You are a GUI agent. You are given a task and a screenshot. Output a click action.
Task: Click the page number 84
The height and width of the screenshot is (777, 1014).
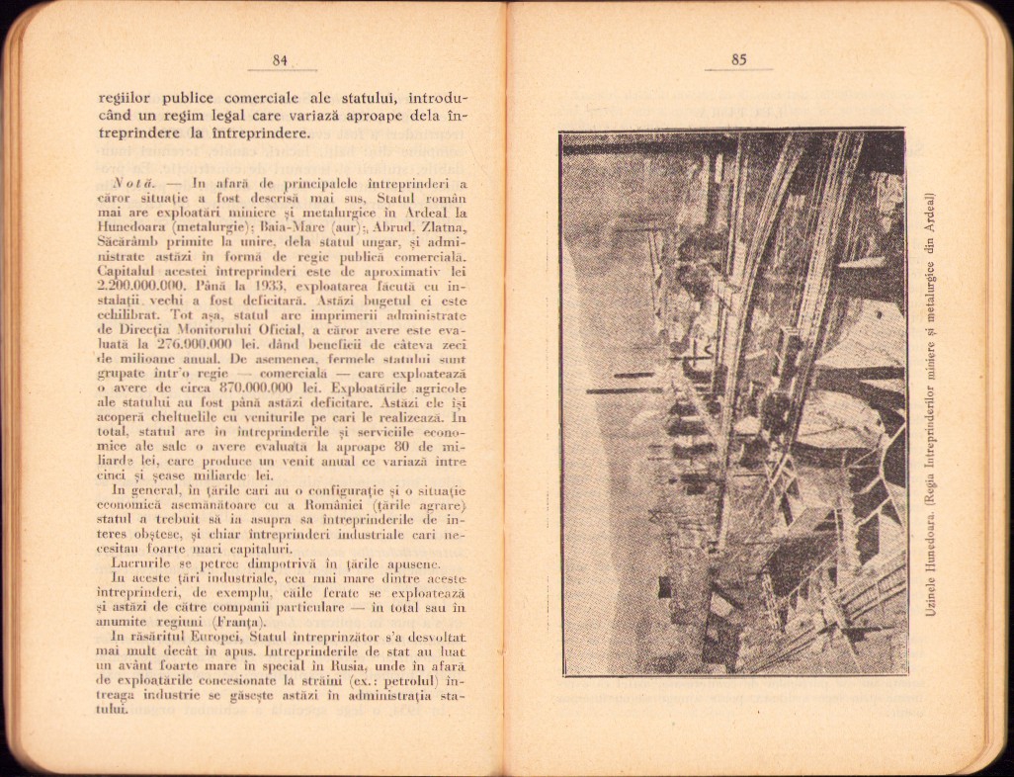click(x=280, y=60)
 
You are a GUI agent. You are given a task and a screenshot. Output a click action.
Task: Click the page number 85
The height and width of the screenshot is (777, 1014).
click(x=738, y=59)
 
